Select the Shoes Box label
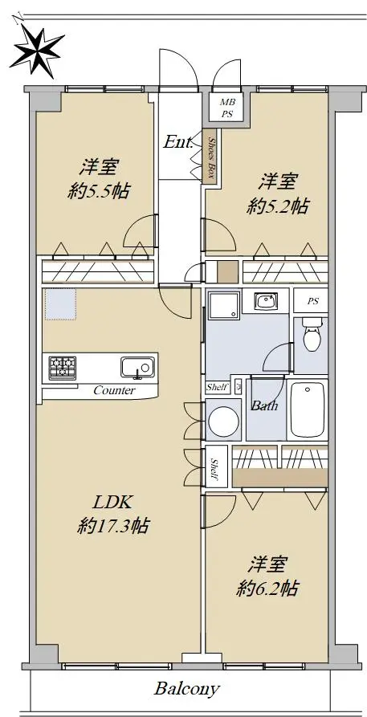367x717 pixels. (x=211, y=157)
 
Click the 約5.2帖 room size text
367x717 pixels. (x=277, y=207)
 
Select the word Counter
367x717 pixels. (x=114, y=390)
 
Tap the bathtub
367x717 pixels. (x=308, y=410)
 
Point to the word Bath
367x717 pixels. (x=264, y=405)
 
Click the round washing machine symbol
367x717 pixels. (x=224, y=419)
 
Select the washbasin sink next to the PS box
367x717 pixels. (x=264, y=301)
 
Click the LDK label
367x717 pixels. (x=112, y=503)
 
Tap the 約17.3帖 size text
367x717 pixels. (x=112, y=527)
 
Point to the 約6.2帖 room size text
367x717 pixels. (x=267, y=588)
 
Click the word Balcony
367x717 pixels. (x=186, y=689)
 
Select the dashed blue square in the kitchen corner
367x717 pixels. (x=60, y=304)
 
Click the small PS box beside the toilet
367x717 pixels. (x=311, y=301)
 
